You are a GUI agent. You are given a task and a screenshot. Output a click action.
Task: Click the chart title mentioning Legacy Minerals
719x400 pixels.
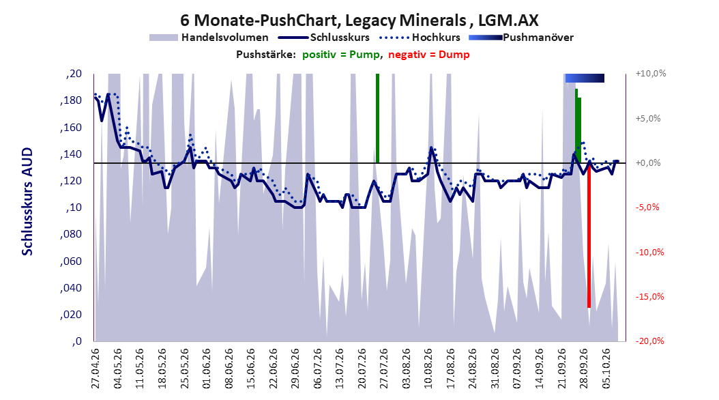click(359, 20)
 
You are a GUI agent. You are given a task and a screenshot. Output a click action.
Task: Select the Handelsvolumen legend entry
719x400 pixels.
click(209, 38)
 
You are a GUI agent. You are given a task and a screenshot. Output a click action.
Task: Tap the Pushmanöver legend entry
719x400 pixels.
click(521, 38)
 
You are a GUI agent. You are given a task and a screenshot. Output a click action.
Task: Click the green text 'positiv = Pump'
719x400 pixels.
click(341, 55)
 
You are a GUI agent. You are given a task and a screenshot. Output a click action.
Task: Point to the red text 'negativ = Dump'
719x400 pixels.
click(429, 55)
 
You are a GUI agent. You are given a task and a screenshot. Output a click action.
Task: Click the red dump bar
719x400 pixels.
click(589, 235)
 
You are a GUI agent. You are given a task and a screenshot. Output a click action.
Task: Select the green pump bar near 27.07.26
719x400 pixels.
click(377, 118)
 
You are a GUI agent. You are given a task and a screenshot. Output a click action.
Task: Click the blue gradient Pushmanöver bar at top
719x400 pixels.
click(585, 78)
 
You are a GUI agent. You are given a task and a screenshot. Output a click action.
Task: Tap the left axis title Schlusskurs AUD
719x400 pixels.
click(27, 201)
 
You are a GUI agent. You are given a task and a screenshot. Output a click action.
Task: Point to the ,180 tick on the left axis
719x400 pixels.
click(71, 100)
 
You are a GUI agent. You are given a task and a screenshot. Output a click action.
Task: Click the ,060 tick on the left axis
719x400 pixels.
click(71, 261)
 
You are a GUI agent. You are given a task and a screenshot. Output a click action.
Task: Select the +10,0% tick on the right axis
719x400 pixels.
click(651, 74)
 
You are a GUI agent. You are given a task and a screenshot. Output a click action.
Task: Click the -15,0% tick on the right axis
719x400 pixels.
click(649, 297)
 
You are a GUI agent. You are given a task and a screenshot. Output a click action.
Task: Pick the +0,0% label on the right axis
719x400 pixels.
click(648, 163)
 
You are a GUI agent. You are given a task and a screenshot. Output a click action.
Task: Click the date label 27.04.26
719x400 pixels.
click(96, 369)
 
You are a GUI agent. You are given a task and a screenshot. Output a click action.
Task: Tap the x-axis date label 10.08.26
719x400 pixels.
click(428, 369)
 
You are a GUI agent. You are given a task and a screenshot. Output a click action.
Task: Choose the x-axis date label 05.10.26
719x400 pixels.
click(606, 369)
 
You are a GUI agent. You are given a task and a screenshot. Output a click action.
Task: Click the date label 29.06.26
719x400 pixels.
click(295, 369)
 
